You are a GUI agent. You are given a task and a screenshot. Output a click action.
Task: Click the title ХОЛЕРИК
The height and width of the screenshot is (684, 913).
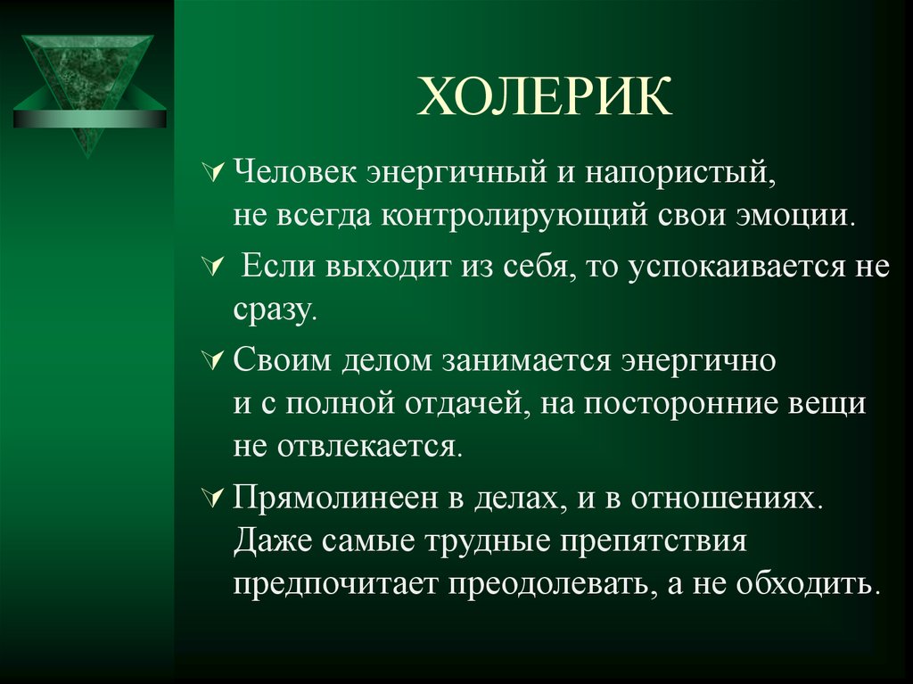point(545,96)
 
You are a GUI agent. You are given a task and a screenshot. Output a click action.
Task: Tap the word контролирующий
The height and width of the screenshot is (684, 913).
point(514,216)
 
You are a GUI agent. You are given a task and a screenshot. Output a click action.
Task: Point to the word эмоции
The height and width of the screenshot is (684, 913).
point(796,216)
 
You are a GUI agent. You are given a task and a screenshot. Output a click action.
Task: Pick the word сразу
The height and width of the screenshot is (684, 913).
point(275,310)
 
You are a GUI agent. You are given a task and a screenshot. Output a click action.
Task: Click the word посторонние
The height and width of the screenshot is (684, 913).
point(680,404)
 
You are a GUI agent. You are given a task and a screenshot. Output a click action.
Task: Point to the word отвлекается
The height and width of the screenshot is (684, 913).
point(370,446)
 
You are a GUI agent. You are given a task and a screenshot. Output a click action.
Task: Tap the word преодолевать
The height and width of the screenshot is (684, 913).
point(548,584)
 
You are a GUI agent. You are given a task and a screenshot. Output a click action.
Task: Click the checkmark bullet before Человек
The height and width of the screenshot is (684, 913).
point(213,171)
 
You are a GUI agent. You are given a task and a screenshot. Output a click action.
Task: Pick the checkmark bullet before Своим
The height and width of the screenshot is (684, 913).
point(213,359)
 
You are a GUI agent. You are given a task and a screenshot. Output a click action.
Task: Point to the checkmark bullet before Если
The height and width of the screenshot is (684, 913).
point(213,266)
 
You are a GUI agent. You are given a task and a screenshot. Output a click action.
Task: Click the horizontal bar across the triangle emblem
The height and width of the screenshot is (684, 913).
point(90,119)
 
